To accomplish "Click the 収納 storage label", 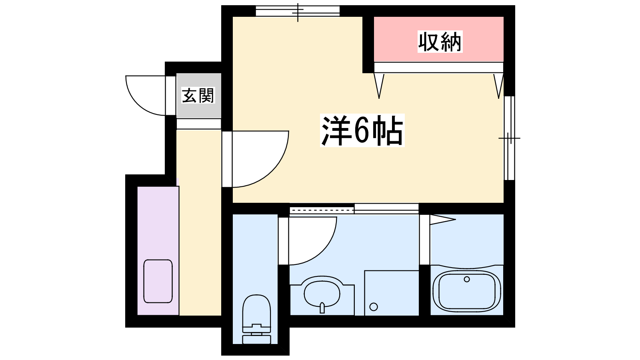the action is tap(440, 42).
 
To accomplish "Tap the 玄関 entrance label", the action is tap(198, 95).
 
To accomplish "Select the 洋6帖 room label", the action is tap(362, 130).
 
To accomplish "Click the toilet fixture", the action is tap(256, 319).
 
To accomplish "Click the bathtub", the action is tap(467, 291).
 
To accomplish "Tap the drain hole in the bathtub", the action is tap(467, 279).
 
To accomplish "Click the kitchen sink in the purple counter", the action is tap(158, 281).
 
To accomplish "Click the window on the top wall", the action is tap(298, 11).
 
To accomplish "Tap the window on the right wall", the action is tap(509, 138).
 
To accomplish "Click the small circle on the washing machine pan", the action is tap(374, 307).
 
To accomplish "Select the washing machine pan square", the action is tap(392, 293).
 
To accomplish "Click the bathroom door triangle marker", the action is tap(442, 220).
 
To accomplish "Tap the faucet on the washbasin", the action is tap(322, 308).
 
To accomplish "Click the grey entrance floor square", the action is tap(199, 96).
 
